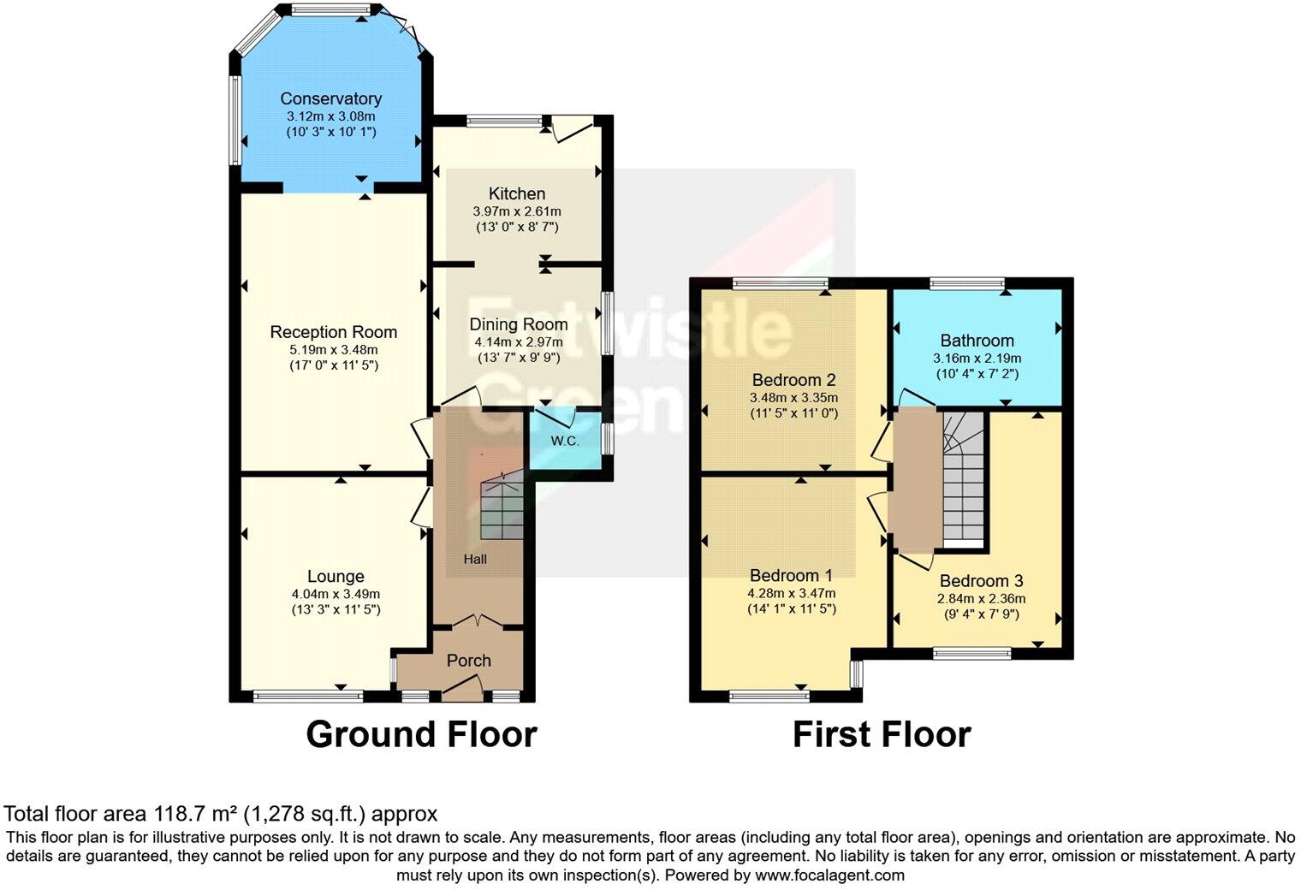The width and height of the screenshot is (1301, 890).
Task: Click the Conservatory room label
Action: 330,98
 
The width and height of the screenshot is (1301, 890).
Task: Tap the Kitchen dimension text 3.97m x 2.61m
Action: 517,211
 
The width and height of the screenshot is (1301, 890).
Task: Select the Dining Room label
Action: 518,324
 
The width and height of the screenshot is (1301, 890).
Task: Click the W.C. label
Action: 565,442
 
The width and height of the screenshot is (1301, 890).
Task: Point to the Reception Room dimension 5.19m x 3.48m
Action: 333,349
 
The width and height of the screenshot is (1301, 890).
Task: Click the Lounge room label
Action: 336,577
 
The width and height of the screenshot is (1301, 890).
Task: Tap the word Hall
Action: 475,559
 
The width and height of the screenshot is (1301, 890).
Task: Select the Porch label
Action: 468,661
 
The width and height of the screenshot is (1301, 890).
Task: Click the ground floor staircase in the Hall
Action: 502,508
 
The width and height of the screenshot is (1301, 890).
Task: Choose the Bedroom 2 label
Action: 793,380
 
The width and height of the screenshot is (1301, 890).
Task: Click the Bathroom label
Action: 977,341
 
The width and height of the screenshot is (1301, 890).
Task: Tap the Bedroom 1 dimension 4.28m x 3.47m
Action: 793,593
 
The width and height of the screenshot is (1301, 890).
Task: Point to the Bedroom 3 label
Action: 981,581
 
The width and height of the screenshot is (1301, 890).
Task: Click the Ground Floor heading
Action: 421,735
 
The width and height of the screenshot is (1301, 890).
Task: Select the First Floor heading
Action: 881,735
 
